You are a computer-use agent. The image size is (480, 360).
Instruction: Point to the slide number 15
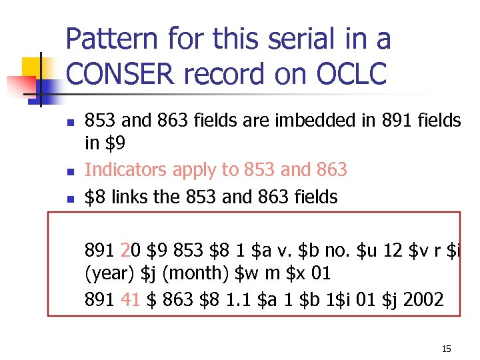click(x=446, y=349)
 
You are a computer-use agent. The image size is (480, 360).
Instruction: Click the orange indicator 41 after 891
click(x=132, y=299)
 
